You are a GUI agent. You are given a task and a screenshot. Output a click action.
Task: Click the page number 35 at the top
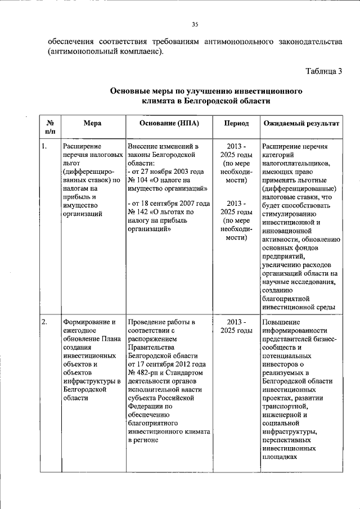[x=195, y=24]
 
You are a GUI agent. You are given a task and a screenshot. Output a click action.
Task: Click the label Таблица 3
[x=323, y=71]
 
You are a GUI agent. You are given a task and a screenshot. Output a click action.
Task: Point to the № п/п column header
[x=50, y=127]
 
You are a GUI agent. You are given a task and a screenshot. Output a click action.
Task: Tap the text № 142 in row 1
[x=138, y=212]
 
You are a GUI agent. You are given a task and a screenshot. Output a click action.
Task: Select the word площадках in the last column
[x=280, y=457]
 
